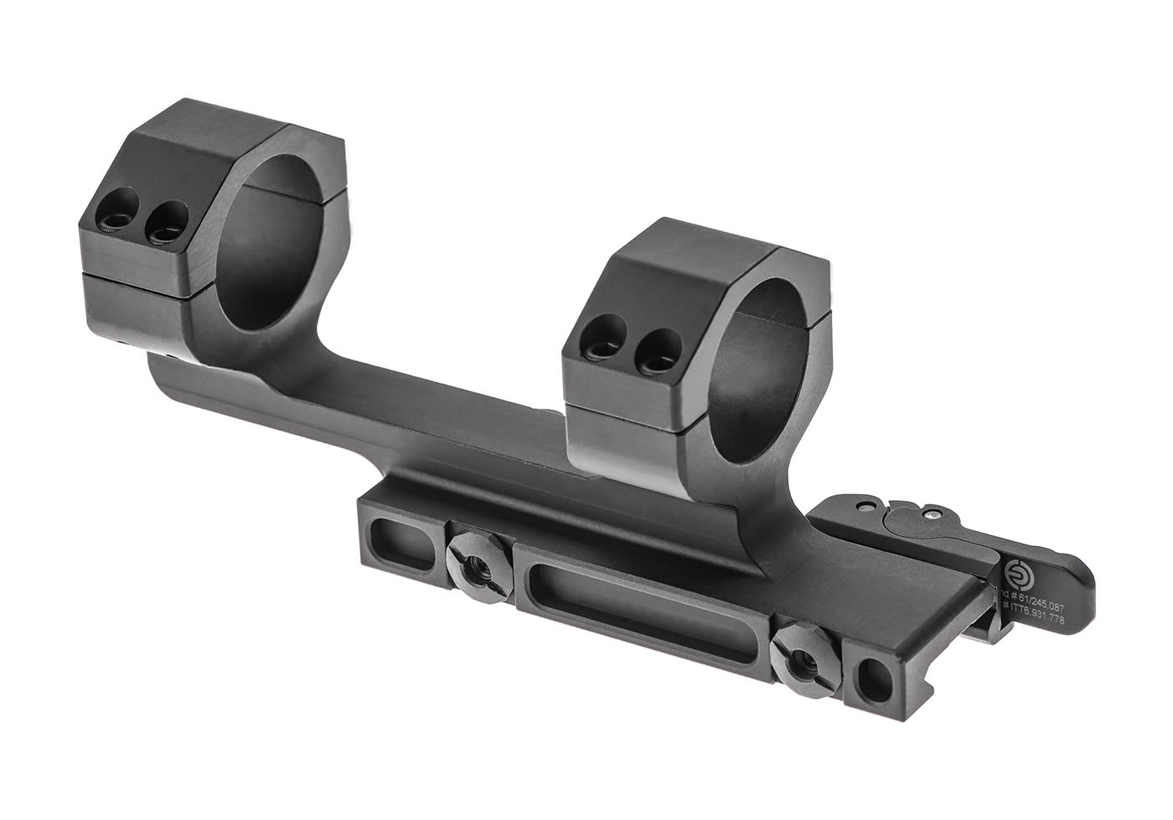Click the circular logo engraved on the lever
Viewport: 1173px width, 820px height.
[1016, 572]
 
